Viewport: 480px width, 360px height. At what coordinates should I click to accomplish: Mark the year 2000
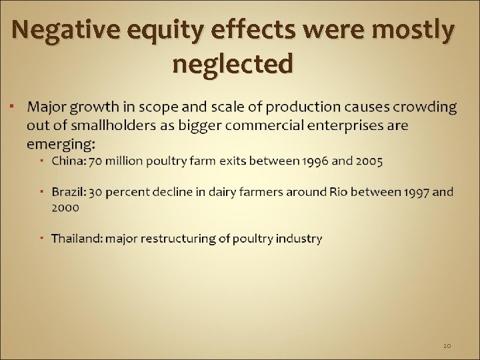[65, 207]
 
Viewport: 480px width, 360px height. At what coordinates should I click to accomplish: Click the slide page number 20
[447, 345]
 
